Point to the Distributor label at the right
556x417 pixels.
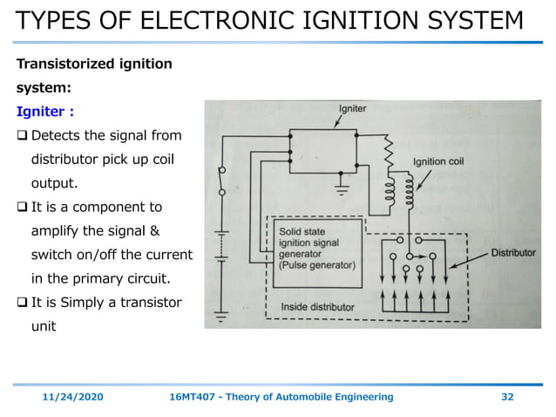[514, 252]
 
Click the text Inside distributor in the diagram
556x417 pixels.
[316, 307]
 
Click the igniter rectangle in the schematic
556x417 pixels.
[322, 154]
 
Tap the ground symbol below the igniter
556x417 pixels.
[340, 186]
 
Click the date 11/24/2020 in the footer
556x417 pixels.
[73, 397]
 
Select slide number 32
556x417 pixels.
[507, 397]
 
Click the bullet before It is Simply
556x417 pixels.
[23, 302]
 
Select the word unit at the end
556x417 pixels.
[45, 325]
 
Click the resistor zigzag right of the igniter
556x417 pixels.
[389, 152]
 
